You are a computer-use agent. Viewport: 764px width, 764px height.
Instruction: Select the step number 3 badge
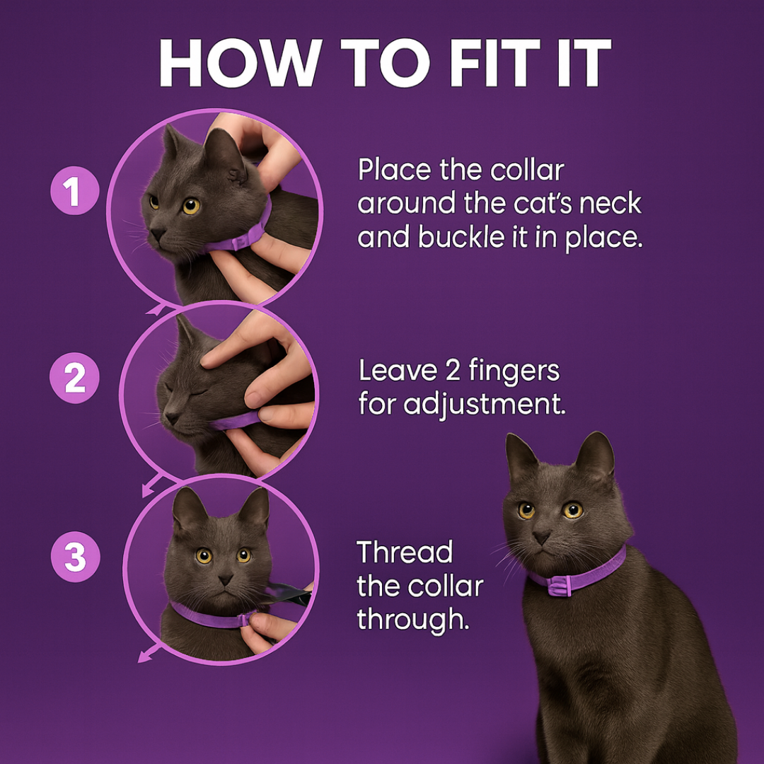74,558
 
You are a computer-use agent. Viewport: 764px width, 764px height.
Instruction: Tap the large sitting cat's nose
542,538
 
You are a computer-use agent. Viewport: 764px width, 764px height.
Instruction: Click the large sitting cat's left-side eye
526,510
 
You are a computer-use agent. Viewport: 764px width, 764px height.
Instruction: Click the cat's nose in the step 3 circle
225,579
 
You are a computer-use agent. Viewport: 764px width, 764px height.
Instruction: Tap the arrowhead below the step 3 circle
144,658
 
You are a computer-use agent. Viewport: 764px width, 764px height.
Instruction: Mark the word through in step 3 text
412,620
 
